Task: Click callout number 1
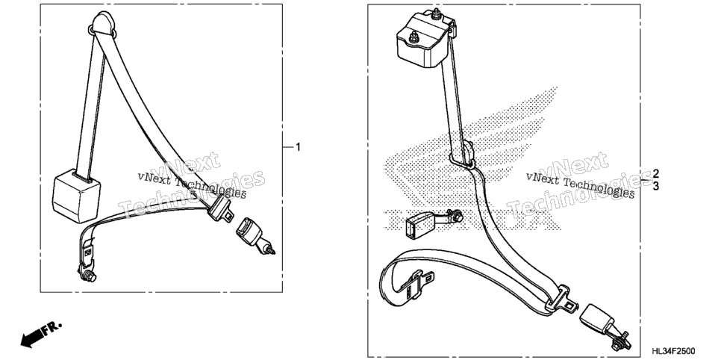click(298, 147)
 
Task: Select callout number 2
click(656, 173)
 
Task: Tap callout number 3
click(656, 186)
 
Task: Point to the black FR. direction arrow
click(41, 334)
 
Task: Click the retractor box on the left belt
click(76, 195)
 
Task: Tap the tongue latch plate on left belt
click(219, 208)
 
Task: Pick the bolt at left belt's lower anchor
click(88, 276)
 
